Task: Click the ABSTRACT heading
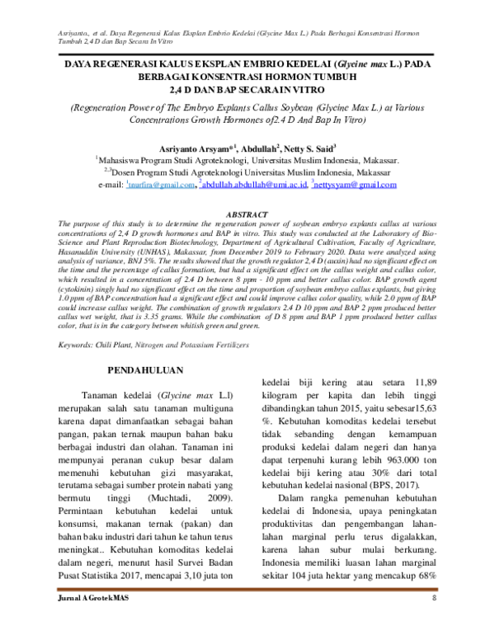click(247, 214)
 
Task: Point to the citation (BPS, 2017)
click(400, 486)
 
